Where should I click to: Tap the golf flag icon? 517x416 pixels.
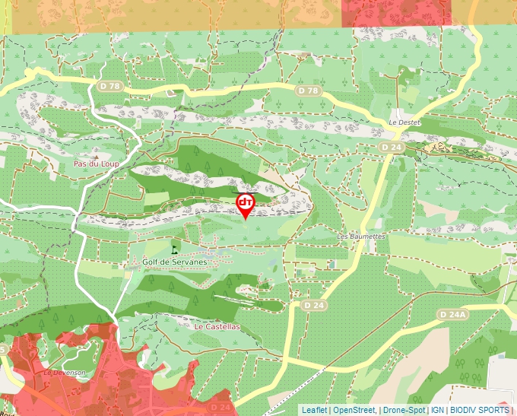point(175,247)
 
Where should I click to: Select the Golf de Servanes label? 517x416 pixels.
point(175,262)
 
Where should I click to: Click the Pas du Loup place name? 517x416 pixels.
point(97,164)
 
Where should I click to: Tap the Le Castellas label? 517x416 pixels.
point(217,326)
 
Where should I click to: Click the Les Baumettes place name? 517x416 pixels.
point(361,237)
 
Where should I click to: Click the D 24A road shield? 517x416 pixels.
point(453,314)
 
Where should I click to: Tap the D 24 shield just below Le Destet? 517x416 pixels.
point(392,147)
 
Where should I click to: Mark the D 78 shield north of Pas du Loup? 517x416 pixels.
point(110,86)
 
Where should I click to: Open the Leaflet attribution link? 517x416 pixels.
point(314,410)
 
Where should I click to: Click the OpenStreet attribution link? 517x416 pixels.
point(354,410)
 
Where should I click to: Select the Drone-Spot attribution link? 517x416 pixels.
point(404,410)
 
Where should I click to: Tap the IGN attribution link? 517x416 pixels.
point(438,410)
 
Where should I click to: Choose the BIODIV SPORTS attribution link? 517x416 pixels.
point(480,410)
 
